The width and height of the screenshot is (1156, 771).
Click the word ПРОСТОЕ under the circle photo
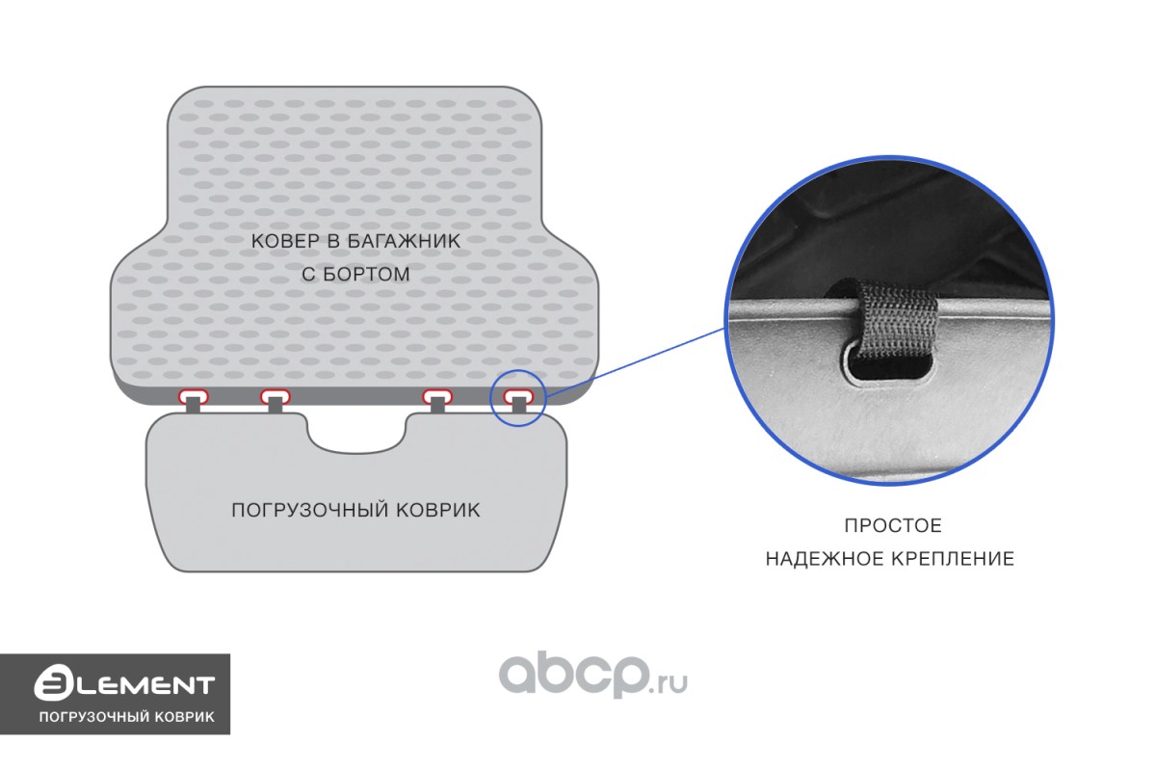(x=893, y=526)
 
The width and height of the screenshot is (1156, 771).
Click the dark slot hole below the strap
(x=892, y=368)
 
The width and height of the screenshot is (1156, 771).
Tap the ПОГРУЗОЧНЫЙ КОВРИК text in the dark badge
(x=125, y=718)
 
